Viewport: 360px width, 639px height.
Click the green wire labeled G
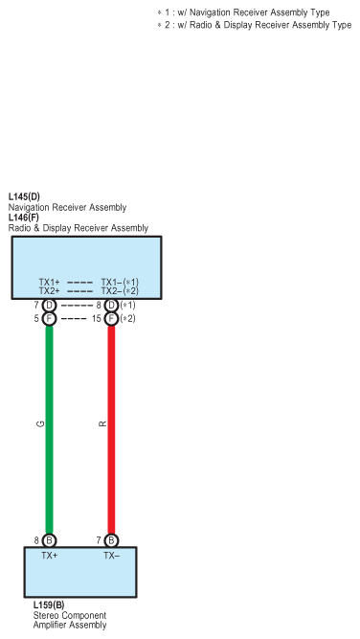pos(49,429)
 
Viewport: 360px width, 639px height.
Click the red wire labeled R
pos(111,429)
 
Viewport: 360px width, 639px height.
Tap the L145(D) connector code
pos(24,196)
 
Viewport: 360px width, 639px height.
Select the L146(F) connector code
pos(24,217)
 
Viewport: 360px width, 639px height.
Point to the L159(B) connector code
pos(49,605)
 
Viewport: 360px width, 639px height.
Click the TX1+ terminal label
pos(49,282)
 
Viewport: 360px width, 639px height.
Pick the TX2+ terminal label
pos(49,291)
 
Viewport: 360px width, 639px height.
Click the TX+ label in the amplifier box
pos(49,556)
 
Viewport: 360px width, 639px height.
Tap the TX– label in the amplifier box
pos(112,556)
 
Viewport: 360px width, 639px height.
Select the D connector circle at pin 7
pos(49,306)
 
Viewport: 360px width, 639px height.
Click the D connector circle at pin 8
pos(111,306)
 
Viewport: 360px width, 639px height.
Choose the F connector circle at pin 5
pos(49,319)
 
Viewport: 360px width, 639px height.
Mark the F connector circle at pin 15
pos(111,319)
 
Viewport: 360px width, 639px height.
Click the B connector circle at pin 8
pos(49,540)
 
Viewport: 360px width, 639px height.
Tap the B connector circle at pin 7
pos(111,540)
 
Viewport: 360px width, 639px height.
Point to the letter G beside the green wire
pos(40,424)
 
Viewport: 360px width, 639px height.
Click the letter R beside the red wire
pos(102,424)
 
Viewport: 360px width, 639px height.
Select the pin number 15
pos(96,319)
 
